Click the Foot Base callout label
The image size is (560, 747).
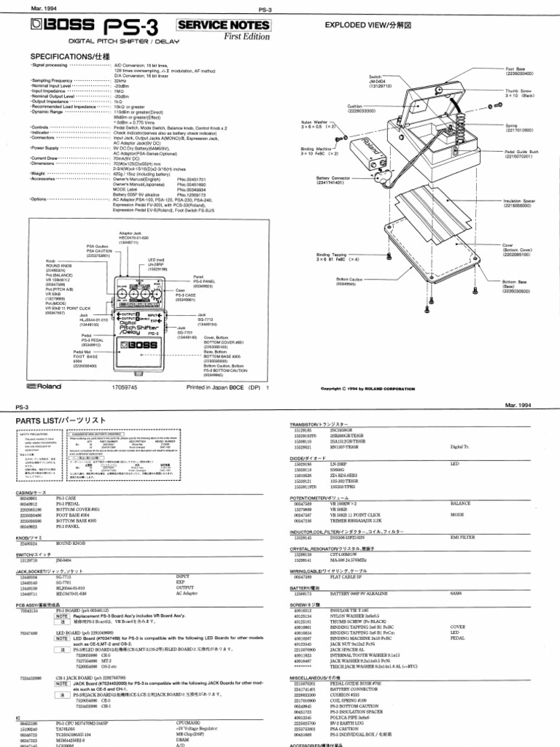(516, 71)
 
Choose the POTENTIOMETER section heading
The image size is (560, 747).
(319, 497)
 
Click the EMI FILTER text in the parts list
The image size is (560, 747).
(461, 538)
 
